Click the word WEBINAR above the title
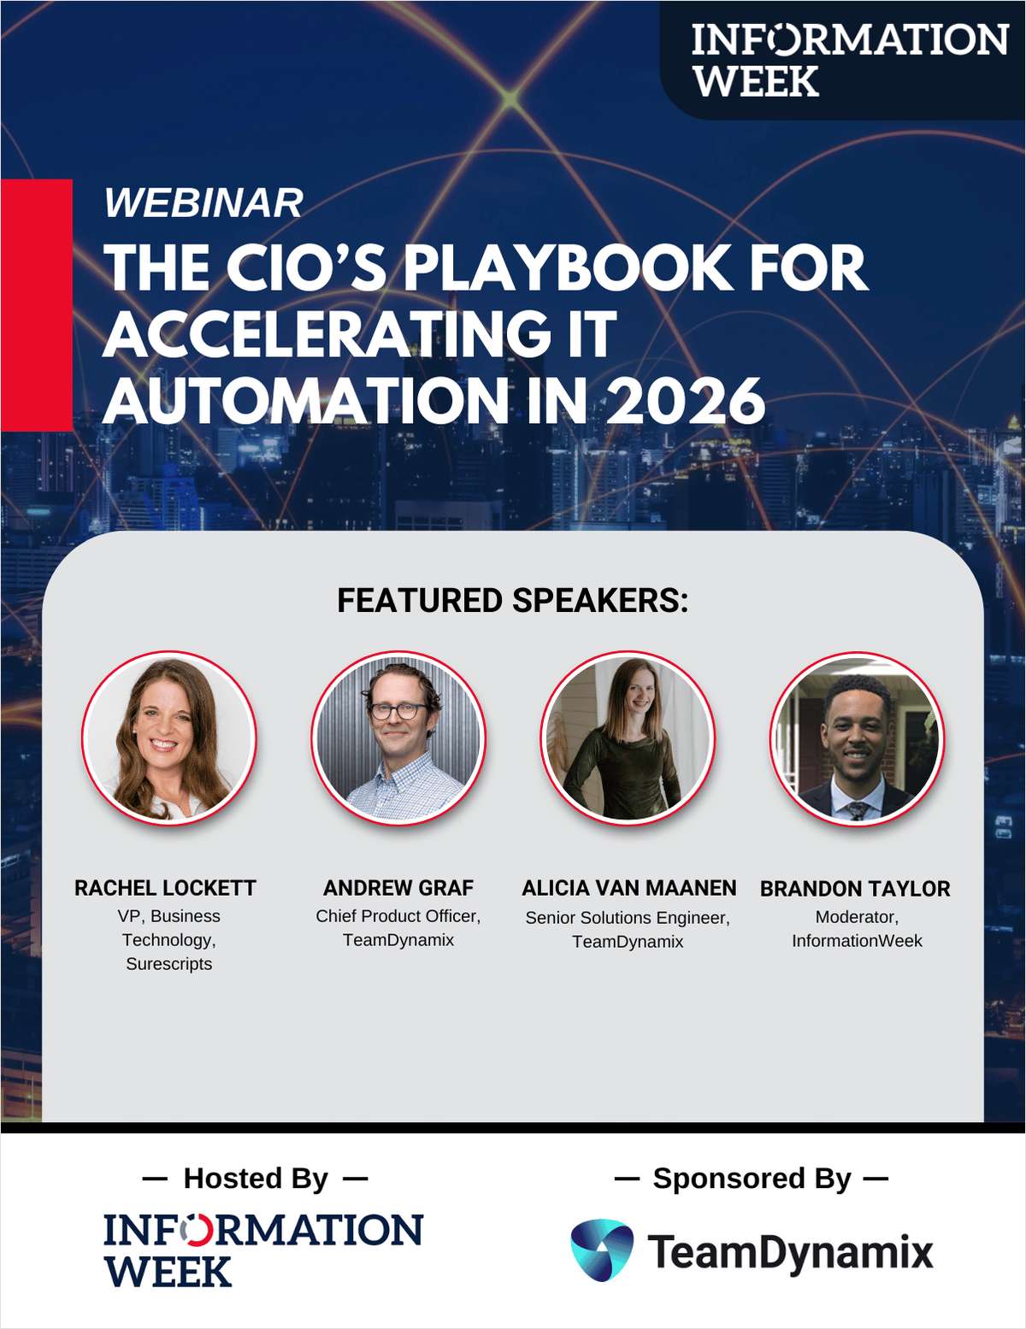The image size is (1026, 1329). point(203,203)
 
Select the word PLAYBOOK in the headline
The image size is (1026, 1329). point(568,268)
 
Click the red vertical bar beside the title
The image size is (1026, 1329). point(36,304)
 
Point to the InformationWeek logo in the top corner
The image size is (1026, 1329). point(849,60)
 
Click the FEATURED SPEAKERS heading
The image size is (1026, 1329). point(512,601)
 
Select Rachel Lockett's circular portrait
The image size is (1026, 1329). point(169,738)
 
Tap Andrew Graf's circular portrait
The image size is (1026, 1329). point(398,738)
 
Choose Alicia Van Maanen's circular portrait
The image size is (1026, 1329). point(628,738)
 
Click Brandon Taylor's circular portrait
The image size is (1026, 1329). point(856,738)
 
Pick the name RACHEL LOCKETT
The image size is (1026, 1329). point(165,888)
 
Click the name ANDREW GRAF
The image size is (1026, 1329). point(398,888)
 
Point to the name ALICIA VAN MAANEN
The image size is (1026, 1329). point(628,888)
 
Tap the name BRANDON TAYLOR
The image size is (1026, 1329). point(855,889)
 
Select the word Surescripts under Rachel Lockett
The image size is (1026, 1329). point(168,964)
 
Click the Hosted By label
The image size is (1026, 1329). point(256,1179)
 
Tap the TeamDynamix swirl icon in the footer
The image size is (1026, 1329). point(602,1250)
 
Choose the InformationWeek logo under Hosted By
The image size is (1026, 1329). point(262,1249)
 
